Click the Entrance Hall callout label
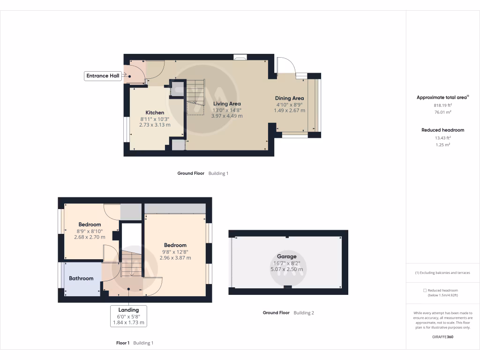click(x=103, y=75)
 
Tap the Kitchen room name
click(x=155, y=112)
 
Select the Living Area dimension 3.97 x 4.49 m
click(x=227, y=116)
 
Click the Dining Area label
click(x=289, y=98)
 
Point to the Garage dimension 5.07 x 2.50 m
click(x=286, y=269)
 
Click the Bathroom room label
click(x=81, y=278)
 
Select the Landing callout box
click(x=128, y=316)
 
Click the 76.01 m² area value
click(x=442, y=112)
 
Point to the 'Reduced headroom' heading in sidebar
click(x=442, y=130)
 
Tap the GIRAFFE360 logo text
click(x=442, y=337)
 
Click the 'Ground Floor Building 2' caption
click(x=288, y=313)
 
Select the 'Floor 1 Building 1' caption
click(x=135, y=343)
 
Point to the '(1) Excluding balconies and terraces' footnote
click(x=442, y=273)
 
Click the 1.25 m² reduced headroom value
click(x=442, y=145)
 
